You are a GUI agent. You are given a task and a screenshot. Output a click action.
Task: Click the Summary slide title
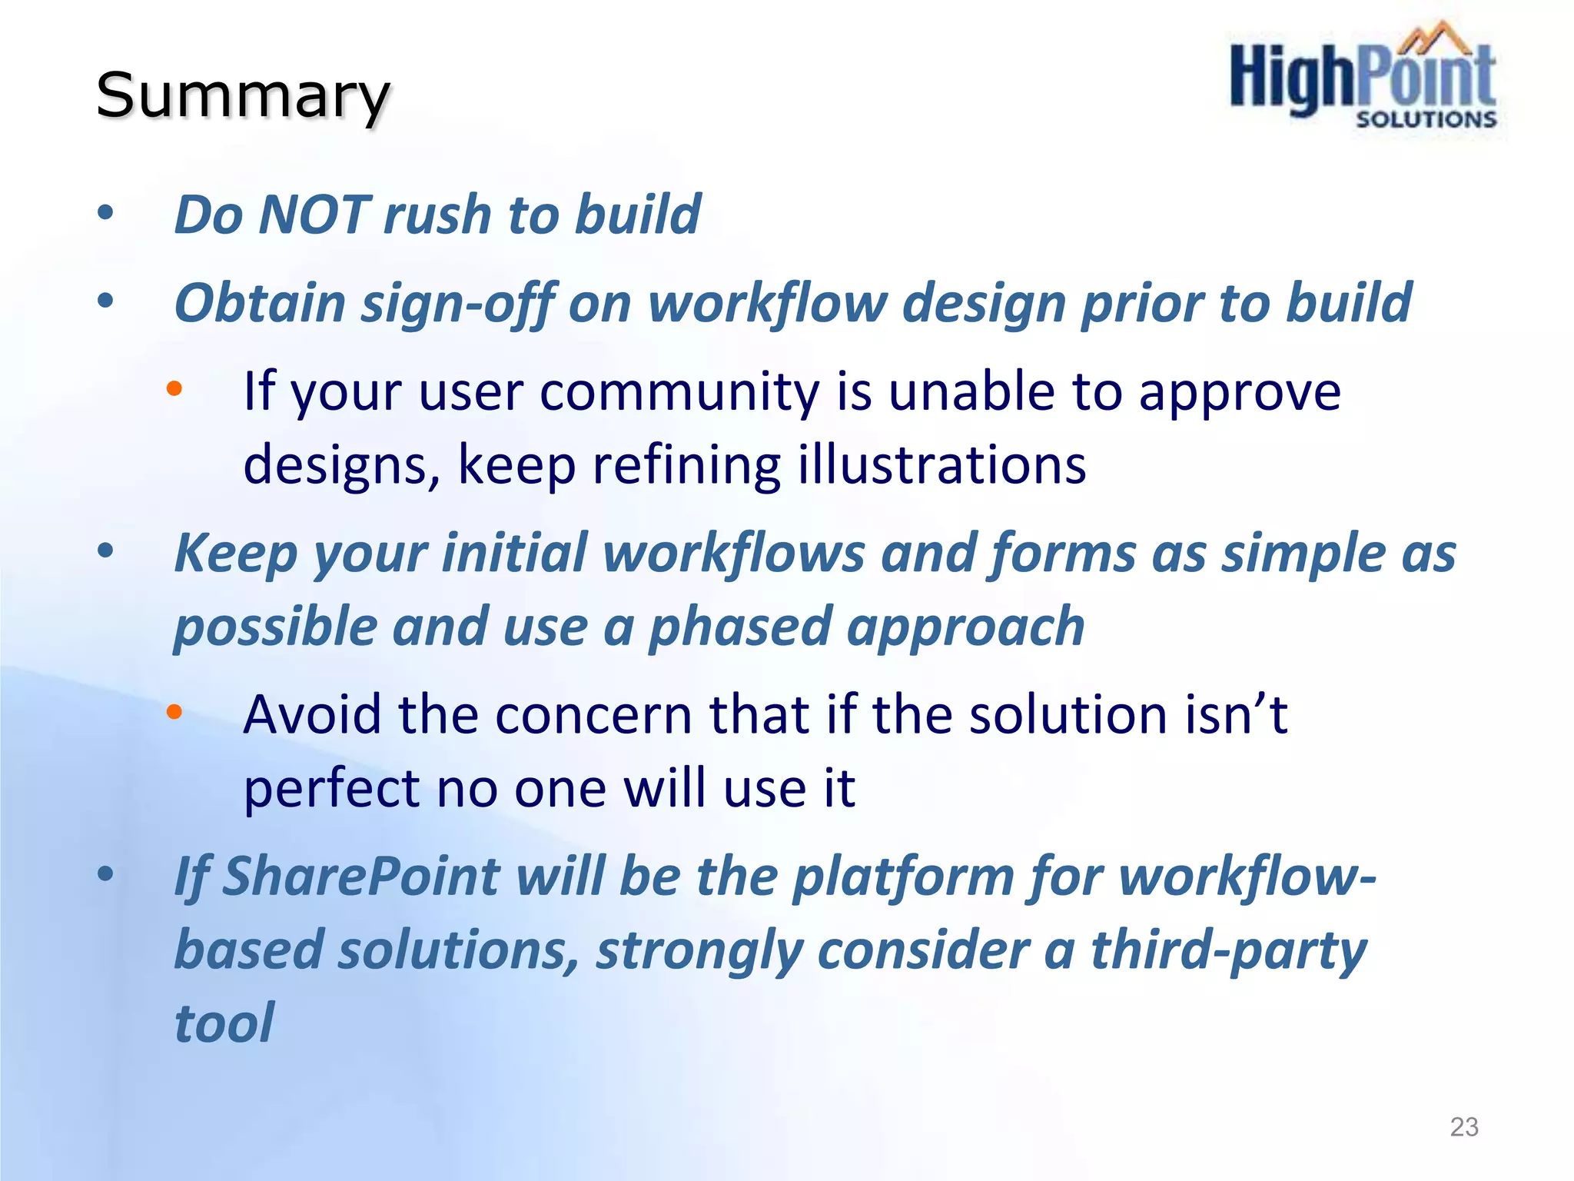(x=243, y=95)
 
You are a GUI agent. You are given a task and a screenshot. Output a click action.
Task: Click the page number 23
(x=1463, y=1126)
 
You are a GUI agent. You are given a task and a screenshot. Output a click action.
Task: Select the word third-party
(x=1228, y=950)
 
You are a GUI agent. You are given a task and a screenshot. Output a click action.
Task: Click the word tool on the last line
(x=224, y=1023)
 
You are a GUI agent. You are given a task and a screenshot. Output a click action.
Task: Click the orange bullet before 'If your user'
(x=174, y=389)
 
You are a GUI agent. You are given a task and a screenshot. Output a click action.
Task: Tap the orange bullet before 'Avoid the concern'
(x=174, y=712)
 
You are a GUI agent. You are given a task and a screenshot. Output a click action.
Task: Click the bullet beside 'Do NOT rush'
(x=105, y=213)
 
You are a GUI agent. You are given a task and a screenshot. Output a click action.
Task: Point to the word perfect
(x=331, y=788)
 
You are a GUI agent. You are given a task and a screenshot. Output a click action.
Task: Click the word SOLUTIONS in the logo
(x=1426, y=119)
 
